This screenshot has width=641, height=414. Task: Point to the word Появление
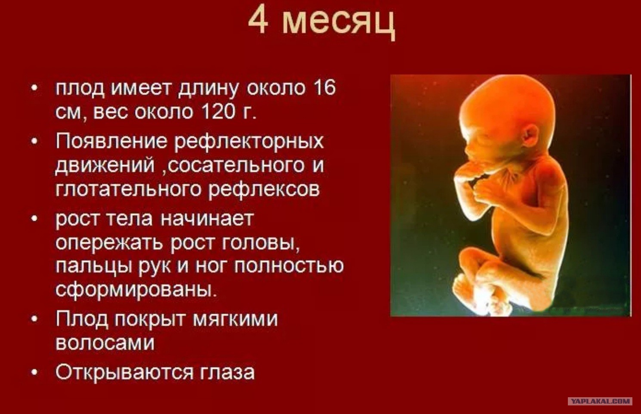(111, 141)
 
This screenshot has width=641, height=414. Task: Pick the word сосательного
(236, 165)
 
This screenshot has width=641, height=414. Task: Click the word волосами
(105, 343)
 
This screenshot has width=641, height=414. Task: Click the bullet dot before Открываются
(34, 373)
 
